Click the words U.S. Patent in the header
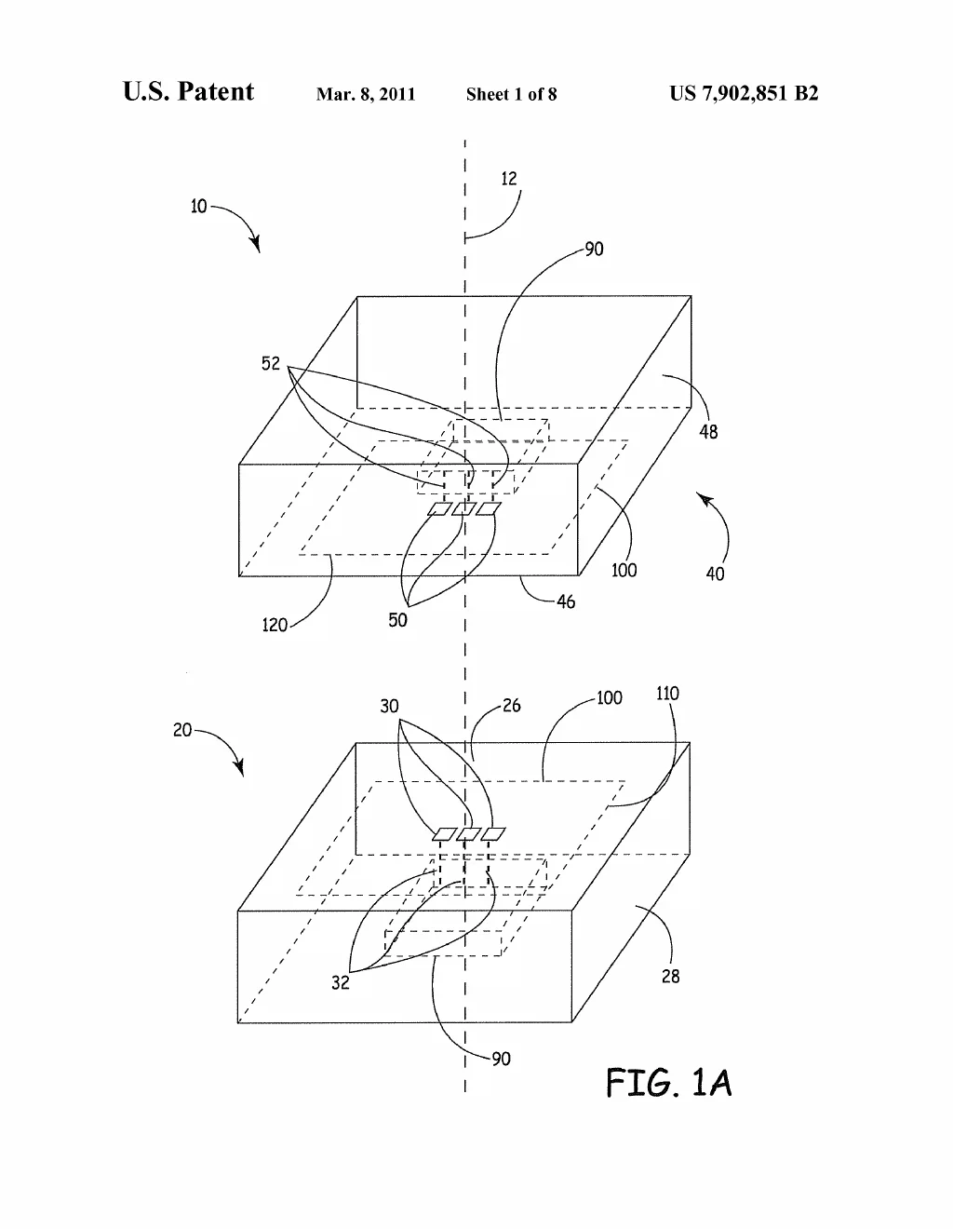click(x=188, y=91)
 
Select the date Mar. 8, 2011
click(x=366, y=94)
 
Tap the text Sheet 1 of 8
click(x=511, y=94)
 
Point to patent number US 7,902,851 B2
click(x=744, y=93)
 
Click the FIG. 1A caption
click(x=669, y=1083)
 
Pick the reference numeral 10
click(x=198, y=207)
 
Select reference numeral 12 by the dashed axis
click(x=509, y=179)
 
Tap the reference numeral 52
click(x=270, y=363)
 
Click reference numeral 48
click(x=708, y=432)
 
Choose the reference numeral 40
click(x=715, y=574)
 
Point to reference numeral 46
click(x=566, y=601)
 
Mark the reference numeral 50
click(x=397, y=620)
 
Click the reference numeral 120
click(x=275, y=625)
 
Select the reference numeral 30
click(x=389, y=707)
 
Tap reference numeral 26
click(x=512, y=705)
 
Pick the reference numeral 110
click(x=667, y=694)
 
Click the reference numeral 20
click(x=182, y=730)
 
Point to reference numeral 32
click(x=341, y=983)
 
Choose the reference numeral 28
click(x=670, y=976)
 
